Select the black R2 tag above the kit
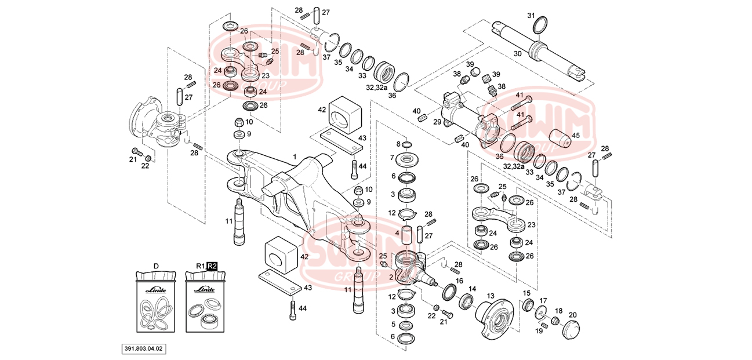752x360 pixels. coord(212,266)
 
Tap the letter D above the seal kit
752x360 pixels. coord(156,266)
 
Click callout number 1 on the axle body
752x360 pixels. coord(295,157)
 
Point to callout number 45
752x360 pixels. coord(576,136)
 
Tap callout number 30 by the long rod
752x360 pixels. coord(518,53)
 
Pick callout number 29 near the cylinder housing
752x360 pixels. coord(437,122)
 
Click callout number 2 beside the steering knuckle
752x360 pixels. coord(391,277)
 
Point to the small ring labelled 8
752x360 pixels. coord(406,144)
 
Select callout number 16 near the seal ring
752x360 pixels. coord(459,281)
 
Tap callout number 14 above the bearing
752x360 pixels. coord(473,288)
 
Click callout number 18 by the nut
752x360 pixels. coord(559,311)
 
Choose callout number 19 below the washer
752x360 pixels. coord(539,331)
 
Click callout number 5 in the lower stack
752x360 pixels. coord(393,324)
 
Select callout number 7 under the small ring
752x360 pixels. coord(392,158)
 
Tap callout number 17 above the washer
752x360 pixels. coord(543,300)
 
